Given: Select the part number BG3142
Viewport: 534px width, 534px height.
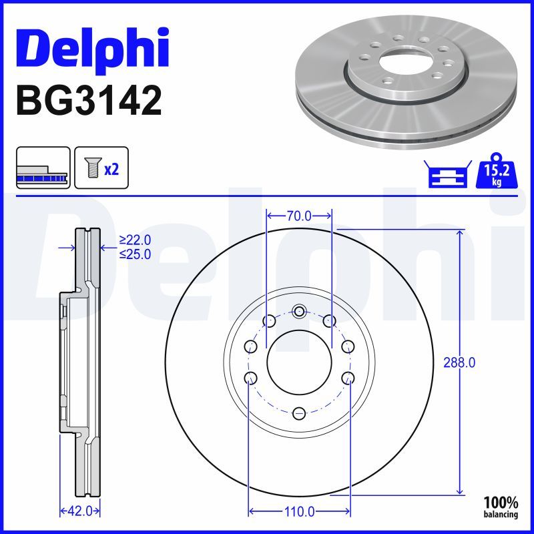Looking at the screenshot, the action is click(89, 101).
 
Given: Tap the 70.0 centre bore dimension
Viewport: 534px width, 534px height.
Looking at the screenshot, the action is click(298, 216).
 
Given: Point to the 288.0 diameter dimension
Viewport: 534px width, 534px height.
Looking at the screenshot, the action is click(459, 362).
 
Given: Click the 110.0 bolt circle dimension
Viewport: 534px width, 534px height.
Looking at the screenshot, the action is click(299, 511).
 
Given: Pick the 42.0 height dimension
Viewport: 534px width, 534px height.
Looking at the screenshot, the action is click(80, 511).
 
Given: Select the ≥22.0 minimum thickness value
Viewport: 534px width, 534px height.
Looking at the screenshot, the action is click(135, 240).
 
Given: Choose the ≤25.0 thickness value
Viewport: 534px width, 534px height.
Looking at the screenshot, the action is click(135, 254).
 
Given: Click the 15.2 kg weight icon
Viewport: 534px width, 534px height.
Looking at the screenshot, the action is click(497, 171).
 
